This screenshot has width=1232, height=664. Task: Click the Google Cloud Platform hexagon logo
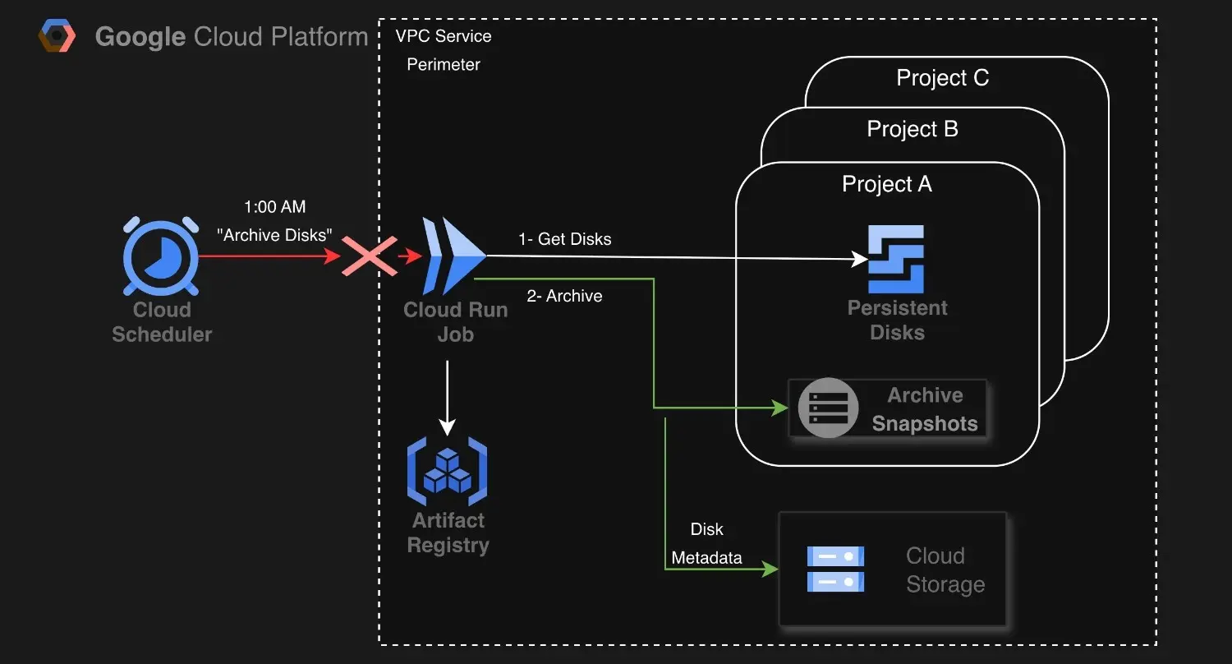click(57, 36)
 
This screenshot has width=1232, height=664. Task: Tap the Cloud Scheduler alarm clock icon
click(161, 256)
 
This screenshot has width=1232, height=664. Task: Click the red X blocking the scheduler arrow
click(369, 256)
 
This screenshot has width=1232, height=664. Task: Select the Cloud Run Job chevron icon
click(453, 256)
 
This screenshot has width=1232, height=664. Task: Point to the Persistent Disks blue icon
click(896, 259)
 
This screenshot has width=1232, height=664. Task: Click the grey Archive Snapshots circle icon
click(828, 408)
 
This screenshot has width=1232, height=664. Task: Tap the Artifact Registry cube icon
click(447, 471)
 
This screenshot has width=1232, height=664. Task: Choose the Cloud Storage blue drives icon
click(835, 569)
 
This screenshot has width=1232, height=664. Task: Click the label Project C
click(943, 77)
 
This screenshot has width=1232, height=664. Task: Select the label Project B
click(913, 129)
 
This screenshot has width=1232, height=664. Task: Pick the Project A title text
click(886, 184)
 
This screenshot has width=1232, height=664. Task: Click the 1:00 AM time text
click(274, 207)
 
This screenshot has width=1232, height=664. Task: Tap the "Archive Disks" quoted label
click(274, 235)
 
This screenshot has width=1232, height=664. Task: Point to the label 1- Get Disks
click(565, 239)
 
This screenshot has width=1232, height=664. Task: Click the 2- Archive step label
click(564, 296)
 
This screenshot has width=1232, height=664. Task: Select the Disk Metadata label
click(706, 543)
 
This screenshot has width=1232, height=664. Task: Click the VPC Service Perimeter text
click(444, 50)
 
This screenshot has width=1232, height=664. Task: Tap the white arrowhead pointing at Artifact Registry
click(447, 427)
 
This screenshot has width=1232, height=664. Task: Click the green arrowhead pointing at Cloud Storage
click(770, 569)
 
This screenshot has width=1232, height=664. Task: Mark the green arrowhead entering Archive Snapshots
click(780, 408)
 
